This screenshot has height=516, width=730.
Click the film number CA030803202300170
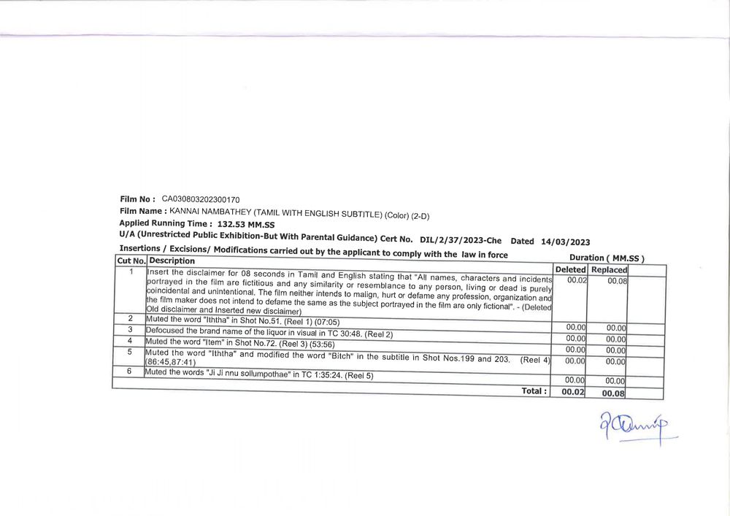coord(201,199)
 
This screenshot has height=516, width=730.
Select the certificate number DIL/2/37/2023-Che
coord(461,240)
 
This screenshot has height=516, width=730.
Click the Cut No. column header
coord(131,261)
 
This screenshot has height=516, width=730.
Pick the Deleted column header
coord(571,269)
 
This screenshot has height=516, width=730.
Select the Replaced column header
coord(609,270)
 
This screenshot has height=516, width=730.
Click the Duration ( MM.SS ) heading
coord(606,258)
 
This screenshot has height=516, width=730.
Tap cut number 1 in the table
coord(131,272)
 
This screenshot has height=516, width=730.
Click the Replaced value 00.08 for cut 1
coord(617,280)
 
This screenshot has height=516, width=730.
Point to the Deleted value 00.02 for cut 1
coord(577,280)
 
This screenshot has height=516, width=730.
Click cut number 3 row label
coord(130,329)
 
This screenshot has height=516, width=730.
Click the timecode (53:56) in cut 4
coord(320,344)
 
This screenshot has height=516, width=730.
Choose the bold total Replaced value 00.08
coord(613,393)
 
